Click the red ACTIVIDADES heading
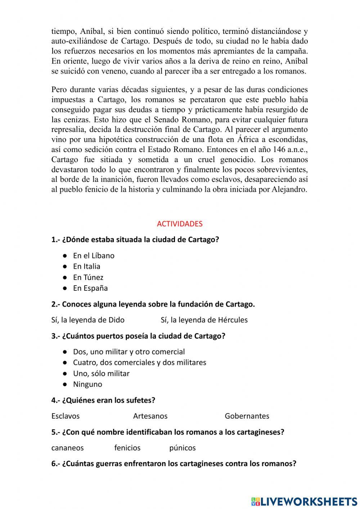(x=180, y=224)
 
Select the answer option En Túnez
(x=88, y=277)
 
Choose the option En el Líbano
(x=94, y=256)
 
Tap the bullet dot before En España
(x=65, y=288)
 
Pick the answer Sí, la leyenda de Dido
(x=88, y=320)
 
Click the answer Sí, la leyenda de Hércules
(x=204, y=320)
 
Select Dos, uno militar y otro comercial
(x=129, y=352)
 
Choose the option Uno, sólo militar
(x=101, y=374)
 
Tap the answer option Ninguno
(x=87, y=384)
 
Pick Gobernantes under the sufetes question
(x=247, y=416)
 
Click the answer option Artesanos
(x=150, y=416)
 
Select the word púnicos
(x=183, y=448)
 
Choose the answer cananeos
(x=67, y=448)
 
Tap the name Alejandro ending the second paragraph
(x=289, y=189)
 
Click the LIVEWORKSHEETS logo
(x=304, y=501)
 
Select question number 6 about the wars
(x=174, y=464)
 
